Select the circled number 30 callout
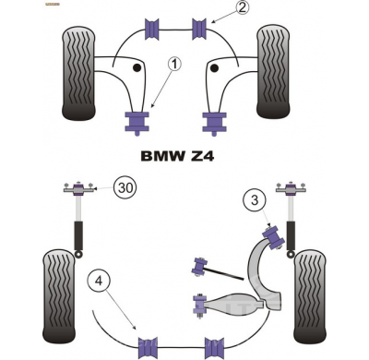126,189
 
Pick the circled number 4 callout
100,282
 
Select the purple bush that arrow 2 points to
197,28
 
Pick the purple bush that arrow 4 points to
148,348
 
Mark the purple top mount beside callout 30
78,191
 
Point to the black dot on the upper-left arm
137,67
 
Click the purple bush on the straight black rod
196,267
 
